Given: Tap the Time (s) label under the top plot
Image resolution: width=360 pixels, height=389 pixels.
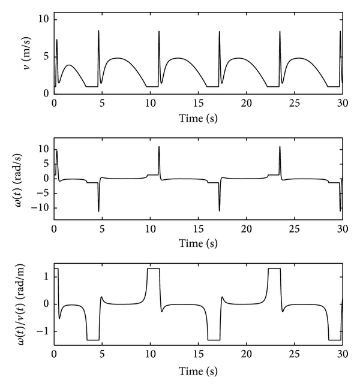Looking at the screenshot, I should pyautogui.click(x=198, y=117).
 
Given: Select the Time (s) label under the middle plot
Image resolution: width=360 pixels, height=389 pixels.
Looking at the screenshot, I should pyautogui.click(x=198, y=245).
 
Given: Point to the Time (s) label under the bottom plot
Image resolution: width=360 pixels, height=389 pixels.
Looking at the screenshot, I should pyautogui.click(x=198, y=370).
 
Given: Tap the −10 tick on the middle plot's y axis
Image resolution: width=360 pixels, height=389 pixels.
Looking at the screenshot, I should pyautogui.click(x=40, y=208).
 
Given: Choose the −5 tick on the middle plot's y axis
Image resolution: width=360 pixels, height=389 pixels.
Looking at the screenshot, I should pyautogui.click(x=43, y=193).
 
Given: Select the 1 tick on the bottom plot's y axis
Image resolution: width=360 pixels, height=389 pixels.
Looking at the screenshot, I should pyautogui.click(x=46, y=276).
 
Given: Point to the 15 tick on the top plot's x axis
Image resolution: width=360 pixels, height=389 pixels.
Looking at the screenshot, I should pyautogui.click(x=198, y=104).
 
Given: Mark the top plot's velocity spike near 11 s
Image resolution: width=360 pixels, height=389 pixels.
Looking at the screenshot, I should pyautogui.click(x=159, y=32).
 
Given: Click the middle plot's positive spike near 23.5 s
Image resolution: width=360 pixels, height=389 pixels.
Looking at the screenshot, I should pyautogui.click(x=280, y=147).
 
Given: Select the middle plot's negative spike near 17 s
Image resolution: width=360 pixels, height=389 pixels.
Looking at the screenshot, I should pyautogui.click(x=220, y=210).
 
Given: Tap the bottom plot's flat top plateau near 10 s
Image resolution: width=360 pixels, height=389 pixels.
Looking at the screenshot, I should pyautogui.click(x=154, y=269).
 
